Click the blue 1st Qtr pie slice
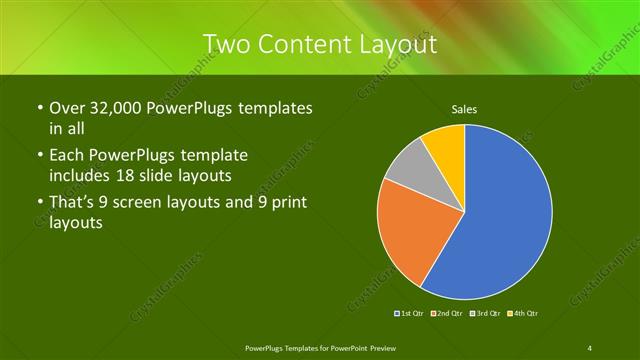tap(505, 215)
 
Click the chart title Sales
tap(464, 108)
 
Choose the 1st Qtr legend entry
tap(412, 314)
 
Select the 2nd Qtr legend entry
tap(450, 314)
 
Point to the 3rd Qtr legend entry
tap(487, 314)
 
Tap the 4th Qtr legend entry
tap(524, 314)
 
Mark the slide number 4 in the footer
tap(591, 347)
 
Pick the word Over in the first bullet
tap(66, 107)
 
